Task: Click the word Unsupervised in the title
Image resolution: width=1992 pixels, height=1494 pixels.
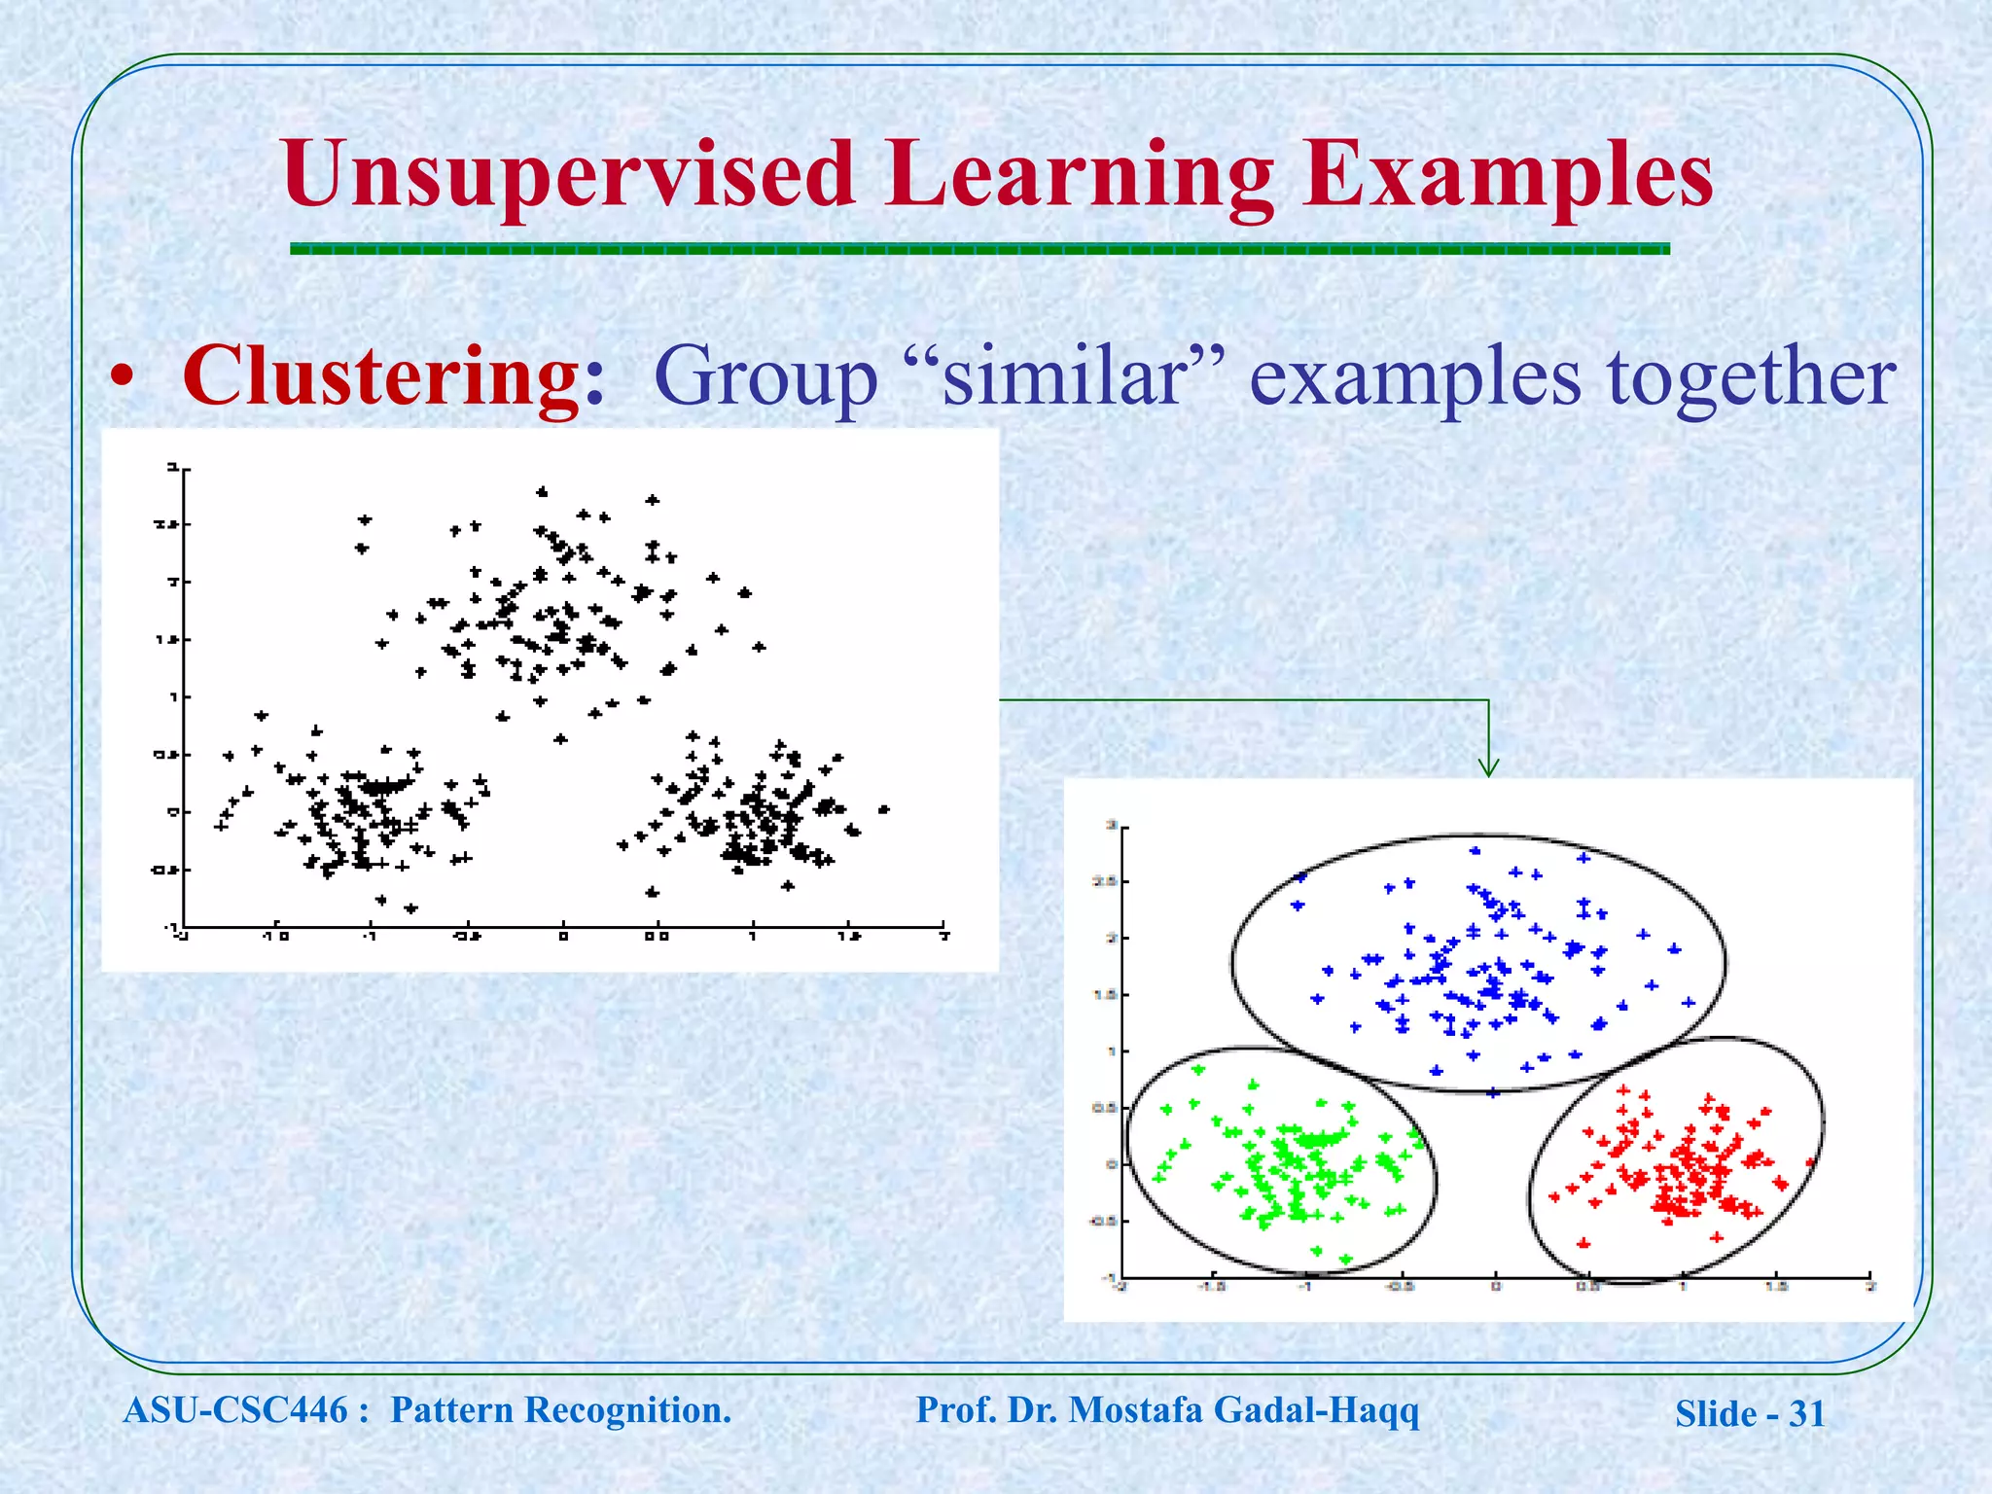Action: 569,175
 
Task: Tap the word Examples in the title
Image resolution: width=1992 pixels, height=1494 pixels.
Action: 1508,175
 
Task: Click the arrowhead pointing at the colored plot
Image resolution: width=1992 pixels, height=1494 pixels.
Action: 1488,768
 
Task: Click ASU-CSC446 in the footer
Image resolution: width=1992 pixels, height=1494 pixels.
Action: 235,1410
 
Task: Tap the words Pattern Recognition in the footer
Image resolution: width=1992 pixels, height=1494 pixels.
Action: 560,1410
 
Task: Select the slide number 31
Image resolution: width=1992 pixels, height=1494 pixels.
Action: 1806,1414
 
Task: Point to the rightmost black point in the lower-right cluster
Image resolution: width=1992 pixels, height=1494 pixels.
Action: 883,809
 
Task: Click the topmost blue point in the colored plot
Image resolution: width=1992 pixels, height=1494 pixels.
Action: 1476,851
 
